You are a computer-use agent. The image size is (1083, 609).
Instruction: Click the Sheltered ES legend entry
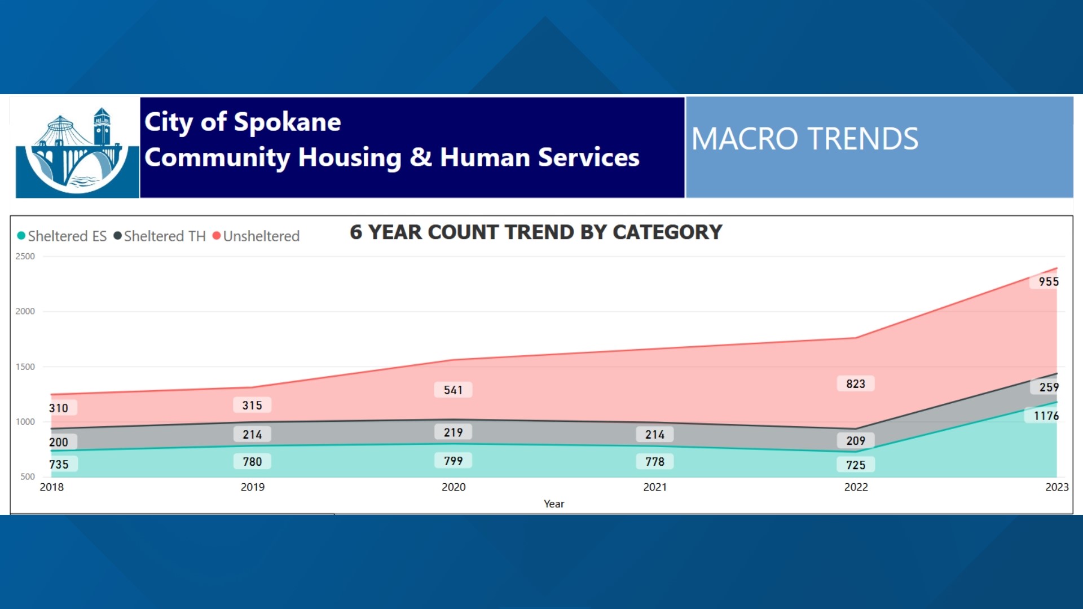[62, 236]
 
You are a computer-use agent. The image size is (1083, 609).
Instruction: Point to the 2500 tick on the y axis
[25, 257]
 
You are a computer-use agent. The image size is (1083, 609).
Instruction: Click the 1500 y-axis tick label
[25, 367]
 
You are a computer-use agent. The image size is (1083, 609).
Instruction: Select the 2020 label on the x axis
[454, 487]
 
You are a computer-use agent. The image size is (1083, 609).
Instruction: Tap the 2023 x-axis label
[1056, 487]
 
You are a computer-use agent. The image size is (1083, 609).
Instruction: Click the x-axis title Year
[553, 504]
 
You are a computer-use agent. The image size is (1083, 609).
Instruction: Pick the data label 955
[1048, 282]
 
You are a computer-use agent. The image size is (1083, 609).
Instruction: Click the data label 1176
[1046, 416]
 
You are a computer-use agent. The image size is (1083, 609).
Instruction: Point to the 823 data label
[855, 384]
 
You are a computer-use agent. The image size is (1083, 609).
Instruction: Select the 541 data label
[453, 390]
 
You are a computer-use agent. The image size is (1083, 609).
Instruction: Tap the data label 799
[453, 461]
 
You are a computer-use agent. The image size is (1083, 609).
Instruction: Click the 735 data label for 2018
[59, 465]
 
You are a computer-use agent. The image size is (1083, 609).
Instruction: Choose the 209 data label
[855, 441]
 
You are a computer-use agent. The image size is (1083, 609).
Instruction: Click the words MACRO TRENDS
[805, 139]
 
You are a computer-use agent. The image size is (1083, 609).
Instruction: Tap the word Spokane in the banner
[287, 122]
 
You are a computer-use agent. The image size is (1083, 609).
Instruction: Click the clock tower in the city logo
[102, 127]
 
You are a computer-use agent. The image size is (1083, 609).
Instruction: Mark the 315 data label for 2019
[252, 405]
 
